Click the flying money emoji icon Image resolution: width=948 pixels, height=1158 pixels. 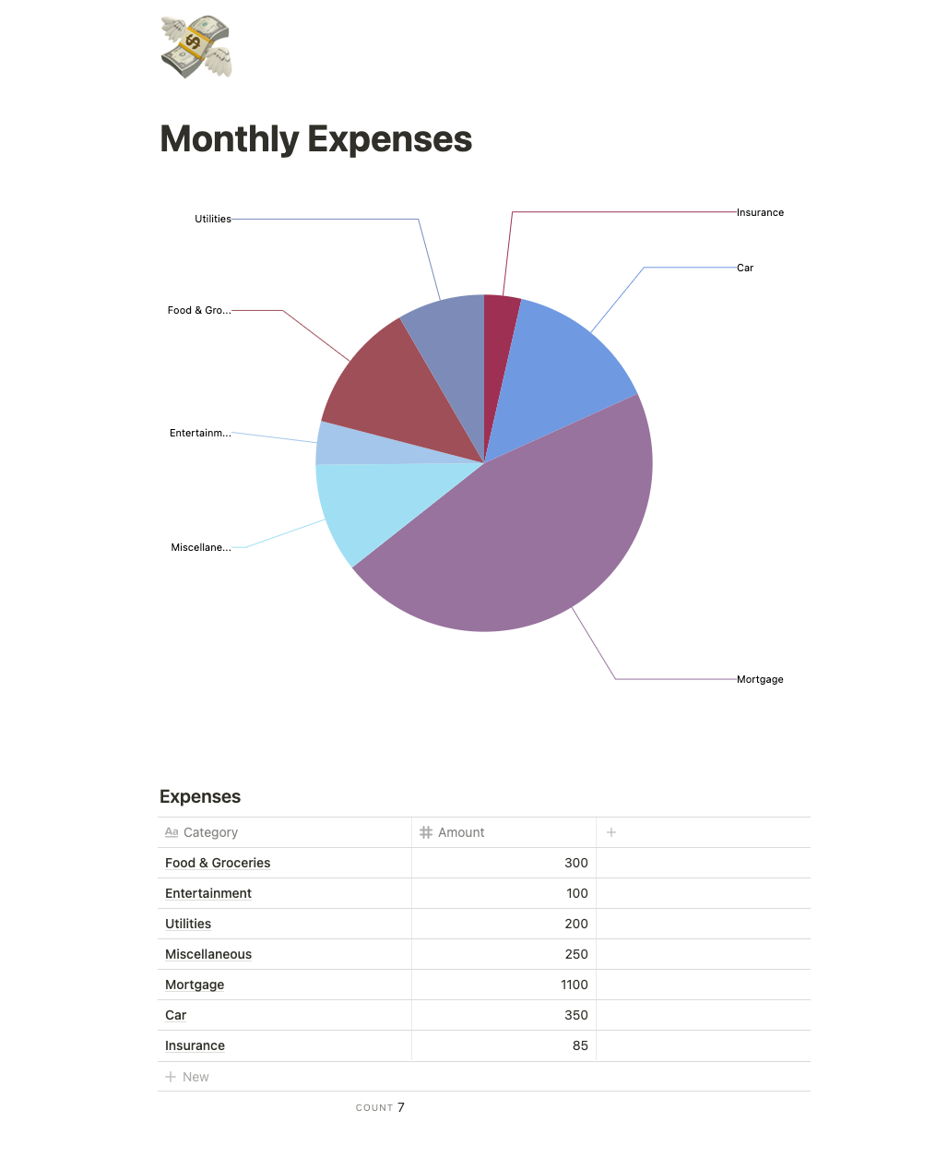click(196, 46)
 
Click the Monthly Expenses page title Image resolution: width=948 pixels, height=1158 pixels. click(315, 139)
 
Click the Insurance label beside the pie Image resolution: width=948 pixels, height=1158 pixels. click(760, 212)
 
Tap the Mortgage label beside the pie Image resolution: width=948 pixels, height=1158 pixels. click(760, 679)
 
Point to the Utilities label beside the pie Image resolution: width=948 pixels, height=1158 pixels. click(213, 219)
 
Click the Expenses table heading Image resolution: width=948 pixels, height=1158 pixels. click(200, 796)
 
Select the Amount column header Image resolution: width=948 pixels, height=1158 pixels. click(460, 832)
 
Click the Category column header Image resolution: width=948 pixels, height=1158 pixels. click(210, 832)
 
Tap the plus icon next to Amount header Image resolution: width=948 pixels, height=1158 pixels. click(610, 832)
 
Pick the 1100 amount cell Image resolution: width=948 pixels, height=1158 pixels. click(574, 985)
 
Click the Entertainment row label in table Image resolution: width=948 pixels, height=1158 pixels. click(208, 893)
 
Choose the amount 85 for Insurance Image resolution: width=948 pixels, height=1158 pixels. click(579, 1045)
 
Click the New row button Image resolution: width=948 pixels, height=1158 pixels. click(188, 1077)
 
